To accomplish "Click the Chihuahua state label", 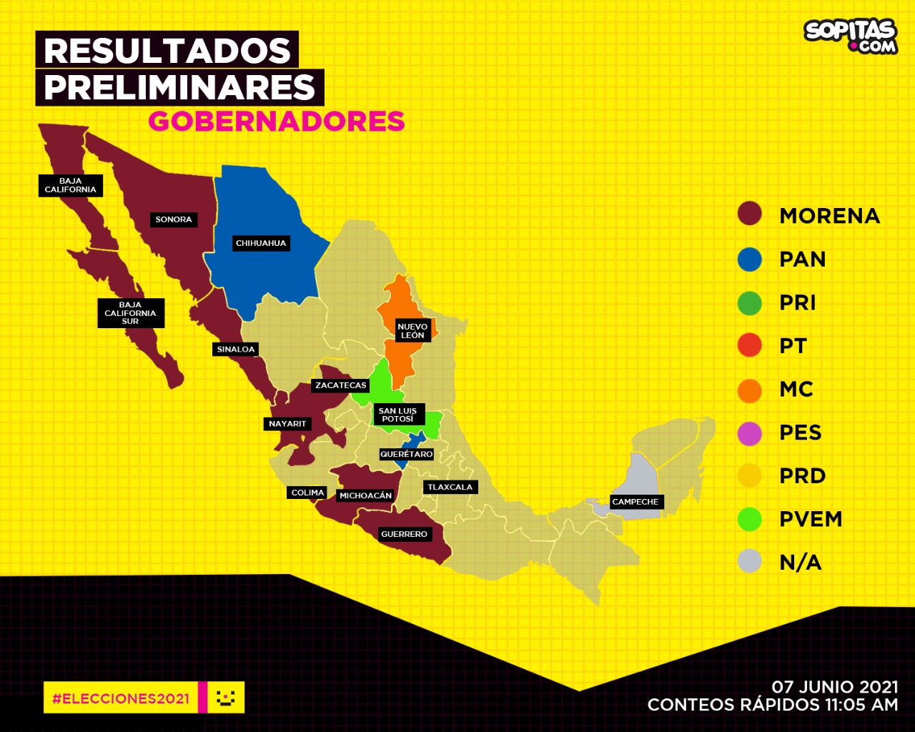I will point(261,244).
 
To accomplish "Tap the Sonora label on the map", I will point(174,219).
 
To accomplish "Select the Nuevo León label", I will point(412,331).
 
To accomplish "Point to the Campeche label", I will point(635,502).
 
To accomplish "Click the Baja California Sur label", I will point(130,313).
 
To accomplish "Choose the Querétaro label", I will point(406,454).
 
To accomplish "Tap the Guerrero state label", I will point(404,534).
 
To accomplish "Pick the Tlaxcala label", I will point(450,488).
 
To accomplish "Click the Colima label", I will point(307,493).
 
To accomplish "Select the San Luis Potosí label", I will point(397,415).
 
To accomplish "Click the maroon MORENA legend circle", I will point(750,214).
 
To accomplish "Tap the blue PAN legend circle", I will point(750,259).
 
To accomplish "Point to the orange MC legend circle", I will point(750,390).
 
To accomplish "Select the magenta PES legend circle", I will point(750,433).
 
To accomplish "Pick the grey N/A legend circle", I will point(750,562).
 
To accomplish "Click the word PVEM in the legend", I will point(811,519).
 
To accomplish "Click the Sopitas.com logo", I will point(851,35).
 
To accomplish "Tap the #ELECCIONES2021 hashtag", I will point(121,698).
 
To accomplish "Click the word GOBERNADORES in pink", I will point(277,122).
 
